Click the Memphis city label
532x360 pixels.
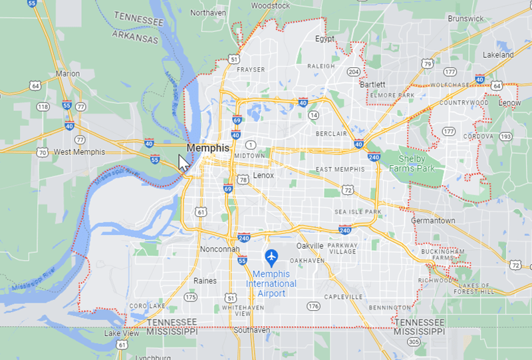click(207, 148)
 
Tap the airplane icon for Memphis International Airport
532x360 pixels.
click(271, 256)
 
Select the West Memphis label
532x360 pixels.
click(79, 152)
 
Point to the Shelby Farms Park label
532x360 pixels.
click(416, 163)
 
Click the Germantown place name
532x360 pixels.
click(433, 220)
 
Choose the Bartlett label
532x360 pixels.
click(372, 85)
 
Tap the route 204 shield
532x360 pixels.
click(354, 72)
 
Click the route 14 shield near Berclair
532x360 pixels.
click(313, 116)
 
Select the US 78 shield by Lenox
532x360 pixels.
click(243, 180)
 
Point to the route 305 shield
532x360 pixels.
click(414, 342)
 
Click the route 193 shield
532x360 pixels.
click(506, 136)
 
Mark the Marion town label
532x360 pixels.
click(68, 74)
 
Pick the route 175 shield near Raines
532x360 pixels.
click(191, 297)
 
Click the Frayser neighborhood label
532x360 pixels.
click(251, 69)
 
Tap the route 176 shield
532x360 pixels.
click(313, 306)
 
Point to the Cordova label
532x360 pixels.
click(479, 136)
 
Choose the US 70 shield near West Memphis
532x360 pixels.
click(43, 152)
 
